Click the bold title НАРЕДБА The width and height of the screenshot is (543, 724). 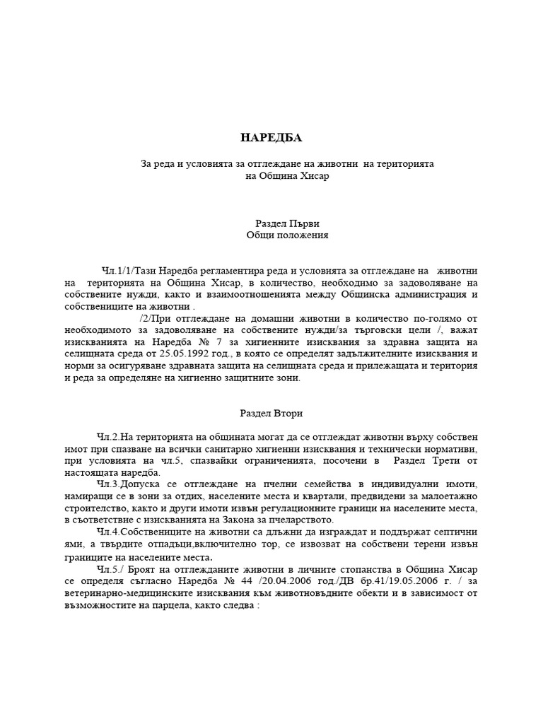pyautogui.click(x=271, y=137)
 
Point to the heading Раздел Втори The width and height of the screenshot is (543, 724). pyautogui.click(x=271, y=413)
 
